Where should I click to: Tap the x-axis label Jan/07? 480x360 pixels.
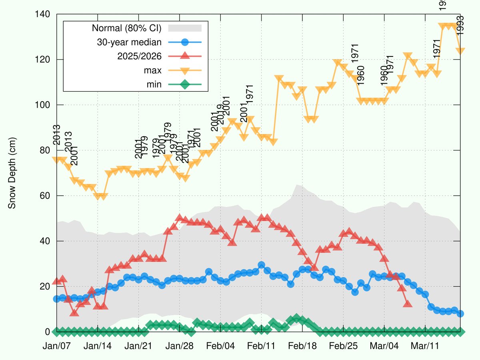[56, 346]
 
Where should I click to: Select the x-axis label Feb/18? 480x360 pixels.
[302, 346]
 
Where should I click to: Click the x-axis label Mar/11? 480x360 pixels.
[426, 346]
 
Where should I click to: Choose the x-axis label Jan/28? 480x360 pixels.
[180, 346]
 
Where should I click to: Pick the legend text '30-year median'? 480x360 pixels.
[129, 42]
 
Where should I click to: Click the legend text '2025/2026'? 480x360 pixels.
[139, 56]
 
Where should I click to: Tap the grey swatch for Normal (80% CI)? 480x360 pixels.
[184, 28]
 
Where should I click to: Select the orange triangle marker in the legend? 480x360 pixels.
[184, 70]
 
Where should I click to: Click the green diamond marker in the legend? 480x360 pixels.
[184, 84]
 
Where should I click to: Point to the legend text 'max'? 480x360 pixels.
[153, 70]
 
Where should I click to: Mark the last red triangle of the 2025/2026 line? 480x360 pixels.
[408, 304]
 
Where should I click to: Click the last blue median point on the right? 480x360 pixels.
[460, 314]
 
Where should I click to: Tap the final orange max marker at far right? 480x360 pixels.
[460, 51]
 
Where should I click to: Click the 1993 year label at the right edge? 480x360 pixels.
[460, 25]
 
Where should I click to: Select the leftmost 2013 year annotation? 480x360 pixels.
[56, 134]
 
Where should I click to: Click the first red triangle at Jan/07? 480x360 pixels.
[57, 281]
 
